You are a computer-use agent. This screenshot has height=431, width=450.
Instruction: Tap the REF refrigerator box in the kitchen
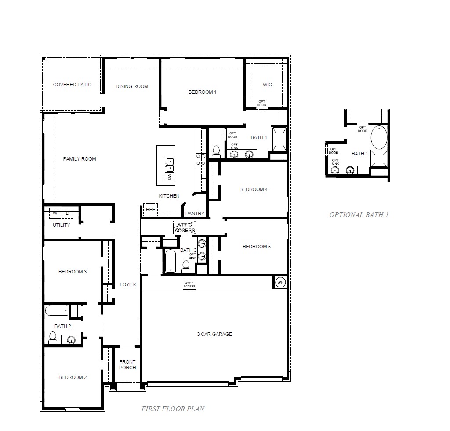pos(150,210)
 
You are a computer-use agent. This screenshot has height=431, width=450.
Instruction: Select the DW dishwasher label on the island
pos(169,177)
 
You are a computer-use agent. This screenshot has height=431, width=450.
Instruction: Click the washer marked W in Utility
pos(55,214)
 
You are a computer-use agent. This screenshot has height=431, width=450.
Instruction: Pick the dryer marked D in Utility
pos(67,214)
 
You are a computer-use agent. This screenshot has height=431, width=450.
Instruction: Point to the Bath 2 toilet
pos(53,338)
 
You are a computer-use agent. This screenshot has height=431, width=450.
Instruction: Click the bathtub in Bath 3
pos(170,261)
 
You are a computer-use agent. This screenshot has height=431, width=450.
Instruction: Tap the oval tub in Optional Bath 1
pos(379,138)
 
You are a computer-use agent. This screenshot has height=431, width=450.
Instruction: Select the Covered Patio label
pos(73,85)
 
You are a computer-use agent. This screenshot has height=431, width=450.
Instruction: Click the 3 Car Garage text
pos(214,335)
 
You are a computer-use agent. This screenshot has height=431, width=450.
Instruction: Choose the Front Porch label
pos(127,365)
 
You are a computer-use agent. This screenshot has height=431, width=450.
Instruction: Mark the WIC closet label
pos(267,85)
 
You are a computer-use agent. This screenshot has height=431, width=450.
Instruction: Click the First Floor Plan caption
pos(173,409)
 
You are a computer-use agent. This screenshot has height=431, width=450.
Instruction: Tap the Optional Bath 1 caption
pos(359,215)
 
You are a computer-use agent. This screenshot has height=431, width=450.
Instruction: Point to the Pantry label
pos(195,214)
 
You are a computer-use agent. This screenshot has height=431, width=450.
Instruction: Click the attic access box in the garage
pos(189,285)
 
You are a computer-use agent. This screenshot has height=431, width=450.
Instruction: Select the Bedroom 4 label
pos(253,189)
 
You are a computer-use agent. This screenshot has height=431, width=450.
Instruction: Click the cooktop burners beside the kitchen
pos(201,159)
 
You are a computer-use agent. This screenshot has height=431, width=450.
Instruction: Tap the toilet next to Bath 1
pos(216,152)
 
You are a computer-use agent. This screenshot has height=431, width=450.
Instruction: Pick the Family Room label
pos(80,159)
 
